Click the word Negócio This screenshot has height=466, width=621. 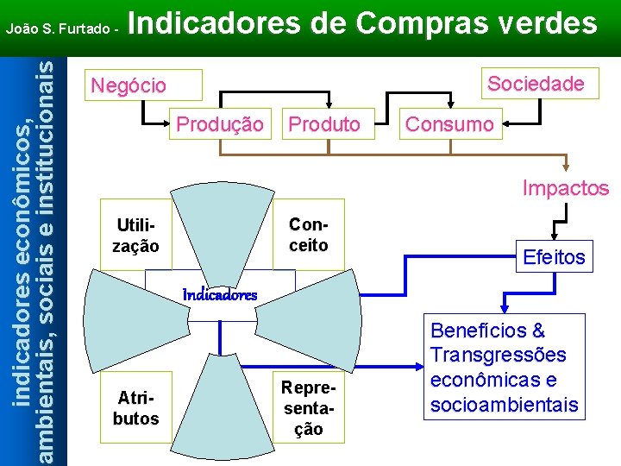pyautogui.click(x=129, y=85)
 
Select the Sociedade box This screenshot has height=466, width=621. pyautogui.click(x=535, y=84)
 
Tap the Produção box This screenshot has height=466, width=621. pyautogui.click(x=220, y=124)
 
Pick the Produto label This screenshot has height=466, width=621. pyautogui.click(x=324, y=124)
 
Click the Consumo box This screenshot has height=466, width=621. pyautogui.click(x=449, y=124)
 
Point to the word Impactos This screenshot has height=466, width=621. pyautogui.click(x=565, y=188)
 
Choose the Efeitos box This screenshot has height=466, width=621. pyautogui.click(x=554, y=256)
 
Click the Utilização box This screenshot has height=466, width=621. pyautogui.click(x=135, y=236)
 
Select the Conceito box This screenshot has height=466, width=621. pyautogui.click(x=308, y=234)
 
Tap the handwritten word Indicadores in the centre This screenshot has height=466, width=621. pyautogui.click(x=220, y=294)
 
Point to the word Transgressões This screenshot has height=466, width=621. pyautogui.click(x=498, y=356)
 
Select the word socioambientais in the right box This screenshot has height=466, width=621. pyautogui.click(x=504, y=405)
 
